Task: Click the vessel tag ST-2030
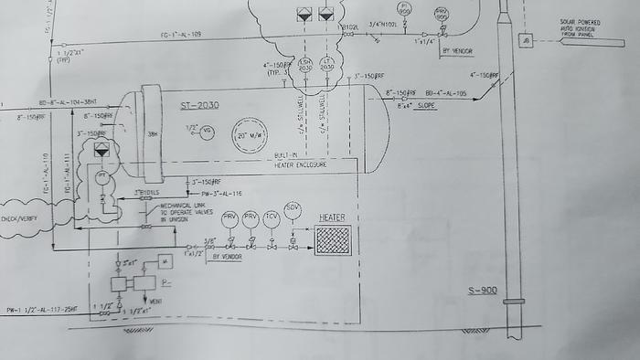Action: click(199, 109)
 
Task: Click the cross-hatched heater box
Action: click(333, 241)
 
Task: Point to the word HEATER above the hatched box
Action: click(332, 217)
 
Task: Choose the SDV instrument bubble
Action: click(293, 210)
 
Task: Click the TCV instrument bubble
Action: click(271, 219)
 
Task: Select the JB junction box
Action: click(526, 40)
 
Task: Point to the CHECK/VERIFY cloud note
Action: click(21, 218)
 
